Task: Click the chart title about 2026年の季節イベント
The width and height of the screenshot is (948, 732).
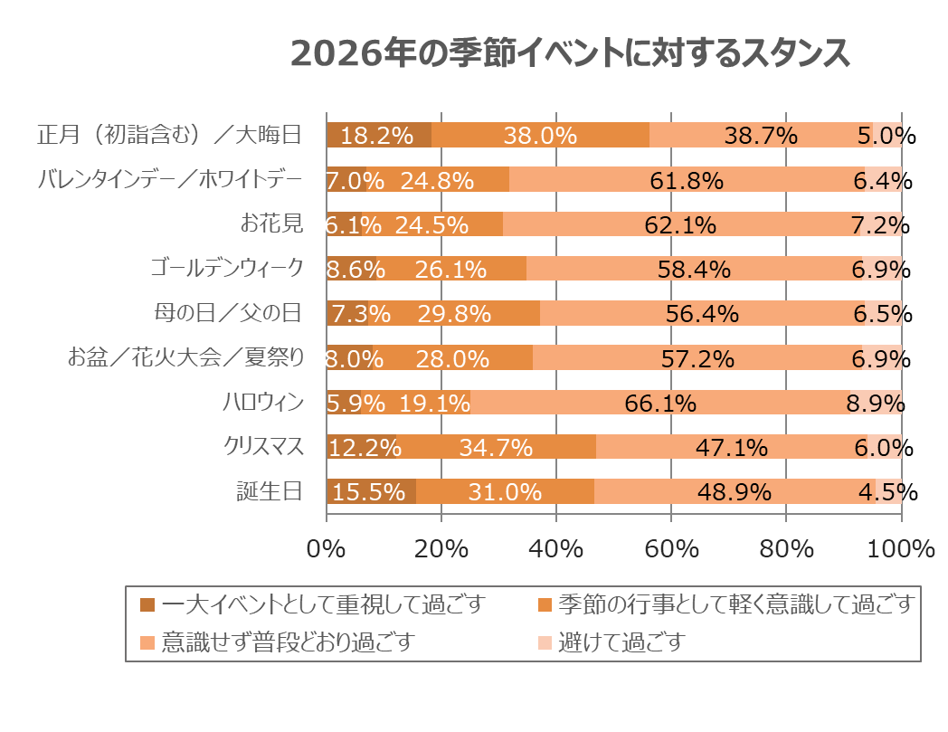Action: (x=570, y=53)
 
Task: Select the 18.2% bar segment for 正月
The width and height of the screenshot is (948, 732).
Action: (x=379, y=135)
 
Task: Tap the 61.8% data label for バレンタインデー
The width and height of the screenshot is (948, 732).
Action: (x=687, y=180)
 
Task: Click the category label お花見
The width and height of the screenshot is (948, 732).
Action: (x=278, y=223)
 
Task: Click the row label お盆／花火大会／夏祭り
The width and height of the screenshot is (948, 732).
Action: (x=185, y=358)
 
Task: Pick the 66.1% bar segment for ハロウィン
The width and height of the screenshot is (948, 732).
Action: (x=660, y=403)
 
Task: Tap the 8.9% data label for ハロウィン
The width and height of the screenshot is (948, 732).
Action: (x=876, y=403)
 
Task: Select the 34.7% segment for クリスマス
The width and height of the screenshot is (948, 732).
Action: (x=496, y=447)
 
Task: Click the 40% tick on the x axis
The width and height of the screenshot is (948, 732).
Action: (x=555, y=548)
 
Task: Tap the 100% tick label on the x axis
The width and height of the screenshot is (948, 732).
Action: (x=901, y=548)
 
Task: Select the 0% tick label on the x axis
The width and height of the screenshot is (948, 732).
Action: (x=327, y=548)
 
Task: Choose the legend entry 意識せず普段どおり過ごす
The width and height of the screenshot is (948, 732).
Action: (x=288, y=642)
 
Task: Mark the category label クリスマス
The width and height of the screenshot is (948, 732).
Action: (x=263, y=447)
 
